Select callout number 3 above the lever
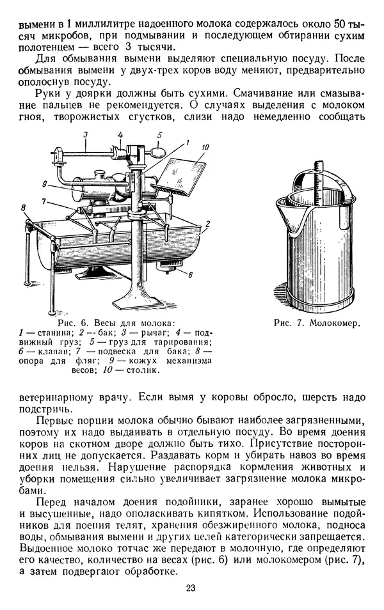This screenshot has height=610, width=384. pyautogui.click(x=85, y=133)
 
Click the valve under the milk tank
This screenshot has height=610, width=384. pyautogui.click(x=171, y=265)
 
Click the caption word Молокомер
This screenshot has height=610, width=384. pyautogui.click(x=335, y=324)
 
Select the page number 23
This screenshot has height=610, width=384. pyautogui.click(x=191, y=588)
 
